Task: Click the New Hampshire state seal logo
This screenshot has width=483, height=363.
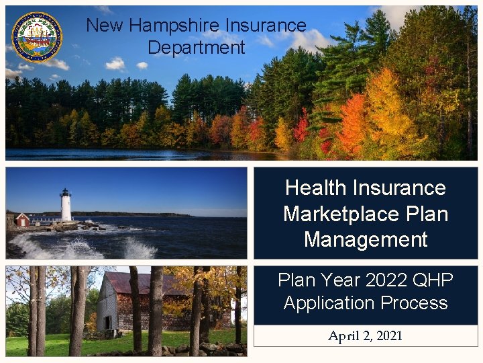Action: click(x=37, y=37)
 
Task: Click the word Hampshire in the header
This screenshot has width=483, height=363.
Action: click(x=166, y=26)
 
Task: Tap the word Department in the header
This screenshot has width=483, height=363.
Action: click(x=197, y=48)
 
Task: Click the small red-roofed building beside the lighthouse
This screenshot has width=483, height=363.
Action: click(x=22, y=219)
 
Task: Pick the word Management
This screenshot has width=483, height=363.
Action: click(x=366, y=239)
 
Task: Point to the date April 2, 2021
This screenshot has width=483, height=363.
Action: click(x=366, y=336)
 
